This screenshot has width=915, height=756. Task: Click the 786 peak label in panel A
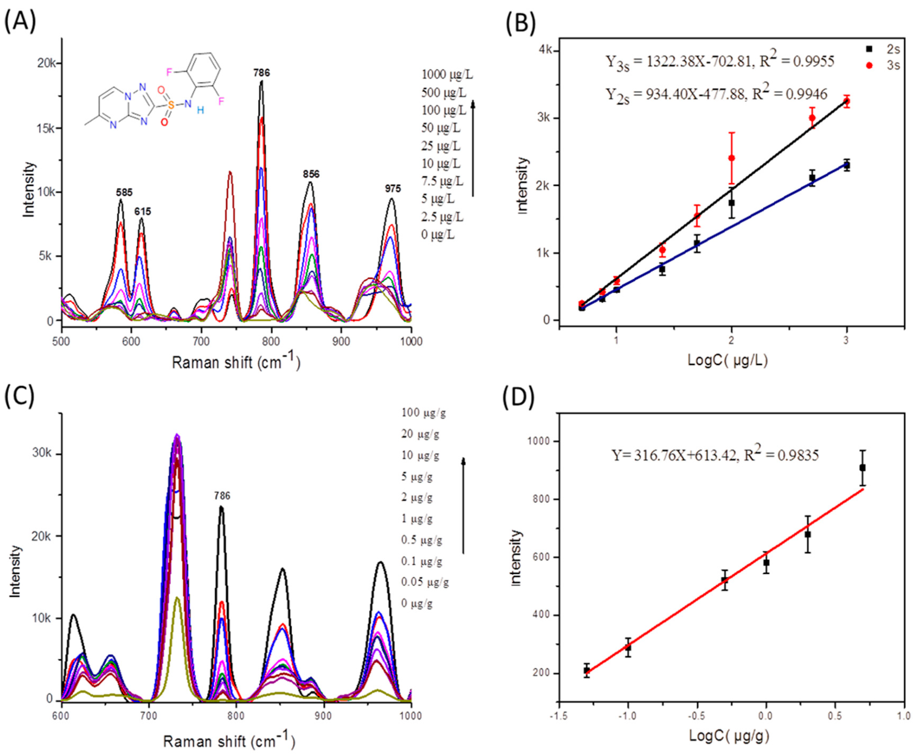(262, 73)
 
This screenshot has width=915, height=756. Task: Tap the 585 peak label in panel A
(124, 192)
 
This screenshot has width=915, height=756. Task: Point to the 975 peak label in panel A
(393, 188)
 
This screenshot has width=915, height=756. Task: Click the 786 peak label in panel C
(222, 495)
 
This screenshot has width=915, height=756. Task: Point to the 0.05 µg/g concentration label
(425, 582)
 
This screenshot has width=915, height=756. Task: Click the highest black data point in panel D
(862, 468)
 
